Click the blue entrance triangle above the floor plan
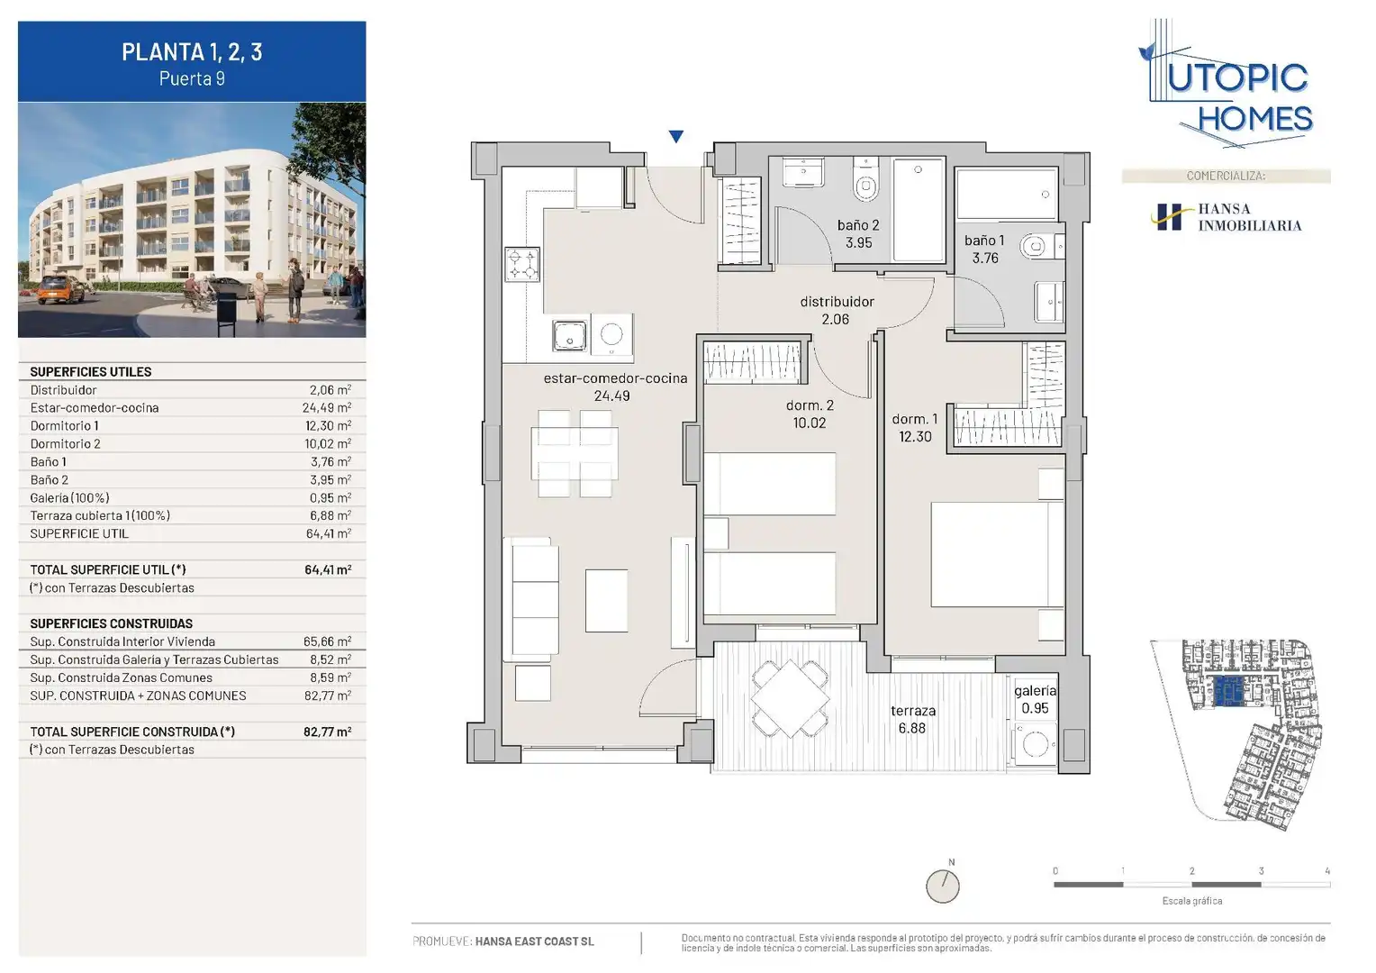pyautogui.click(x=676, y=136)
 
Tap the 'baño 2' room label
pyautogui.click(x=858, y=225)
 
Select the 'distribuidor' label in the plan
pyautogui.click(x=837, y=302)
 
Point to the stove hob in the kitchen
pyautogui.click(x=522, y=264)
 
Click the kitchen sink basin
pyautogui.click(x=569, y=336)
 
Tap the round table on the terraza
pyautogui.click(x=791, y=698)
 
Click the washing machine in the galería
pyautogui.click(x=1035, y=744)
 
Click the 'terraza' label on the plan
pyautogui.click(x=913, y=711)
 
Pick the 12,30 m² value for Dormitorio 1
pyautogui.click(x=330, y=425)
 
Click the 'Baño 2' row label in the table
pyautogui.click(x=50, y=479)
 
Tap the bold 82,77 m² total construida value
pyautogui.click(x=328, y=732)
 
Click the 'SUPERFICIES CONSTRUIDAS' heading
pyautogui.click(x=111, y=623)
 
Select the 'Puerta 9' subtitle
pyautogui.click(x=192, y=78)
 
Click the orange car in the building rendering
pyautogui.click(x=61, y=289)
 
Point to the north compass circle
pyautogui.click(x=942, y=887)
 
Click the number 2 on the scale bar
pyautogui.click(x=1191, y=871)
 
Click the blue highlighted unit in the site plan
pyautogui.click(x=1228, y=692)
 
